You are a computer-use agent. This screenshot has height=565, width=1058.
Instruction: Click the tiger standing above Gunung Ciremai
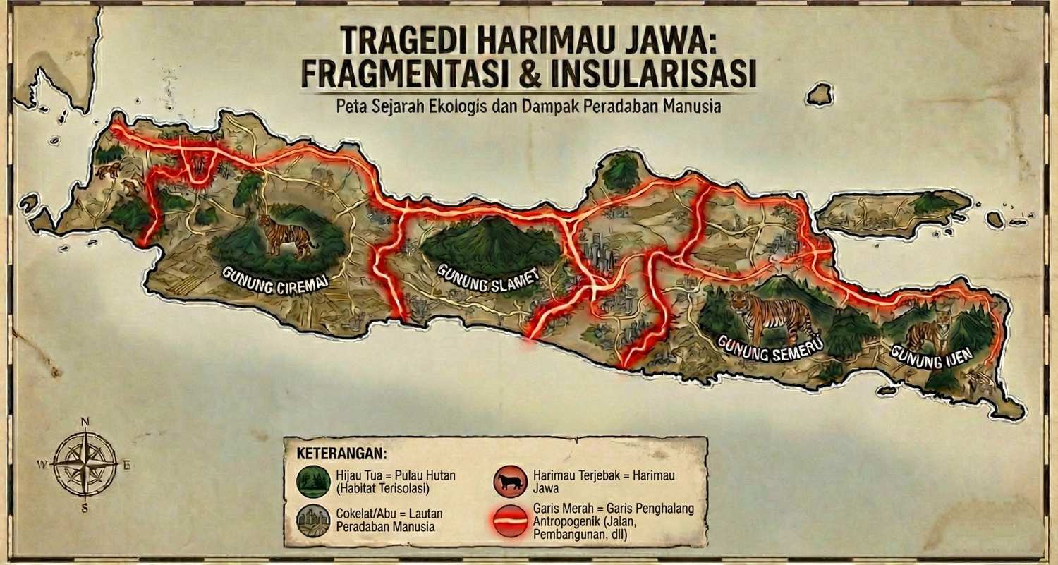[x=287, y=235]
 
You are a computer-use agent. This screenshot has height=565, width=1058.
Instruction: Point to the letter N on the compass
[x=85, y=423]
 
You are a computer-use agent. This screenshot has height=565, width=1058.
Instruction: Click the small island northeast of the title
[x=820, y=93]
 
